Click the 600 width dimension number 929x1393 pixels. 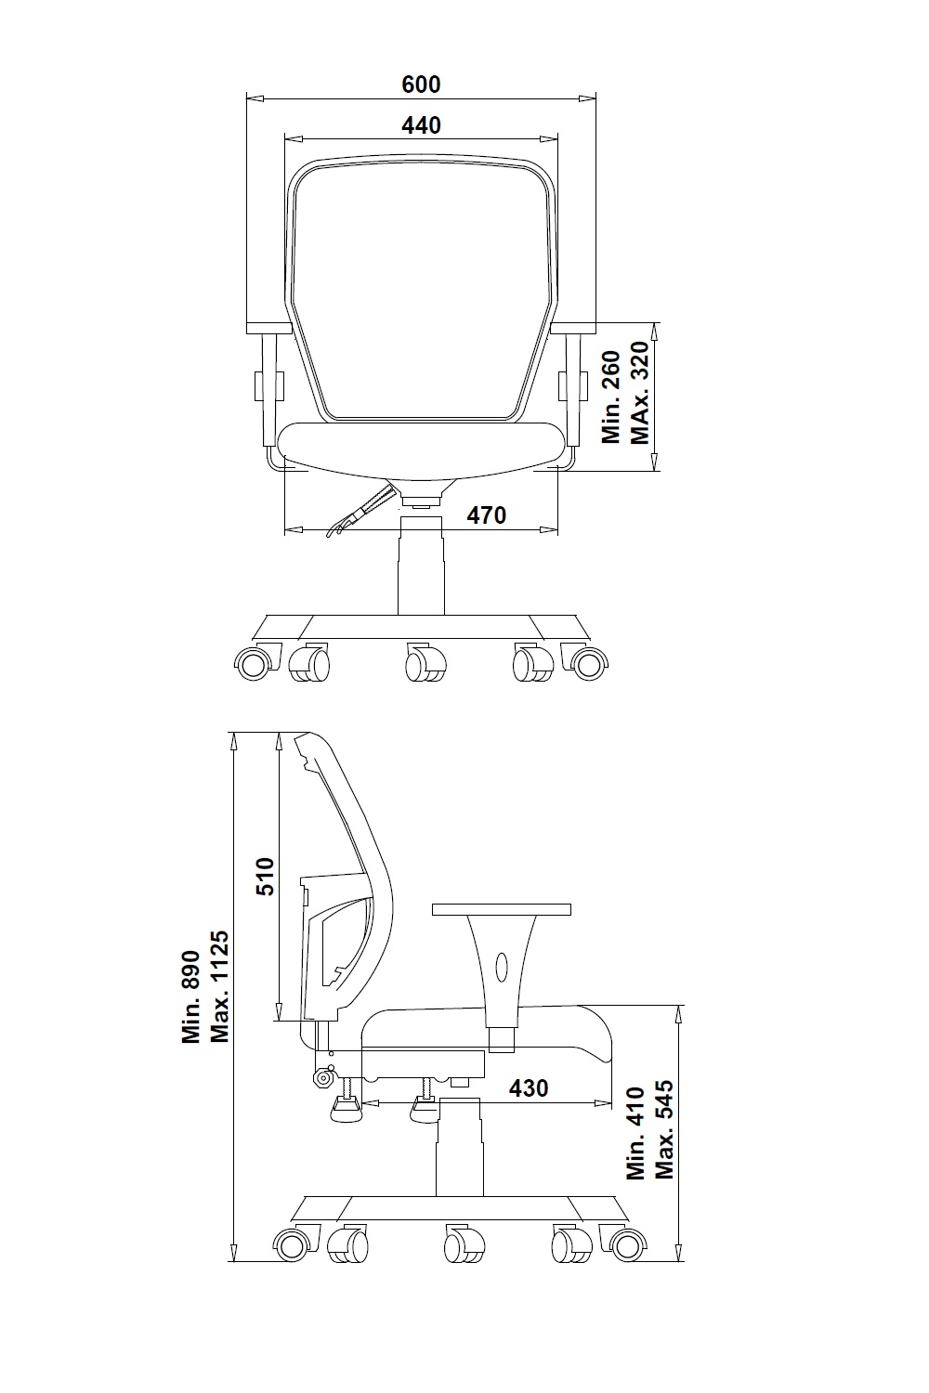(421, 84)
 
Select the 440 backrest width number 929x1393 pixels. (421, 125)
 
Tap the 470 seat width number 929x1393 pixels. (487, 514)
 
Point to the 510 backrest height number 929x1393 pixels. (266, 877)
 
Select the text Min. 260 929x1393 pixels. (611, 397)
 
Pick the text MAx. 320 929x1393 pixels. (640, 393)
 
